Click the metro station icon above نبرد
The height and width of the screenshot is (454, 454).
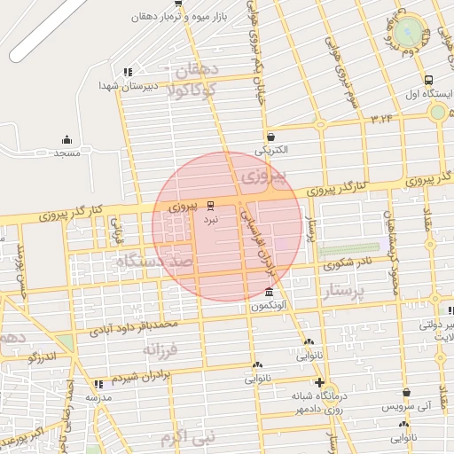click(210, 204)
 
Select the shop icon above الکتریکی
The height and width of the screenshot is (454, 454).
click(269, 137)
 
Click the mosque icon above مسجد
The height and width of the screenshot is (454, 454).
click(67, 139)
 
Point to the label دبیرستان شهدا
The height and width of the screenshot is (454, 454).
click(156, 86)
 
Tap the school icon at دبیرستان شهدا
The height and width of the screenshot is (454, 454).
click(128, 72)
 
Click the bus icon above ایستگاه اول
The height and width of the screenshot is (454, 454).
click(429, 80)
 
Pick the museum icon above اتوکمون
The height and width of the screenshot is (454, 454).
click(269, 294)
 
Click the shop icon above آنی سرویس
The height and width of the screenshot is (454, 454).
click(406, 392)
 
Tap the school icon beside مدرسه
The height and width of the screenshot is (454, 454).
click(98, 384)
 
